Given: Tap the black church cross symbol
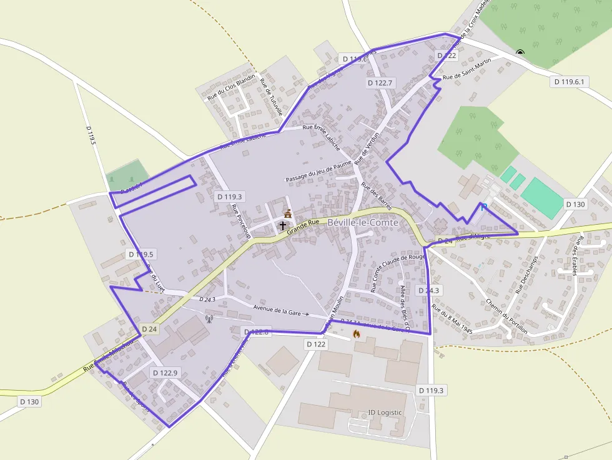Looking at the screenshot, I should [282, 225].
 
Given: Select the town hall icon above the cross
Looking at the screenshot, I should [287, 214].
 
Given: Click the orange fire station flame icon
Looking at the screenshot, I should [357, 334].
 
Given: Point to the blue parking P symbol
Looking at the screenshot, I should [483, 207].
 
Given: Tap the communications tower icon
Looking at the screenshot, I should [209, 319].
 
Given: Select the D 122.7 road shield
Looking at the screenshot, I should [380, 82].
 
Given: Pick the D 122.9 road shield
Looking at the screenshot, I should [165, 373].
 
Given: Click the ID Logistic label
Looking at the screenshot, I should [385, 413].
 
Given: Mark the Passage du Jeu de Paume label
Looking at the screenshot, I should [318, 170].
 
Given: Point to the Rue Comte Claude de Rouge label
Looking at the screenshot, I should [398, 273].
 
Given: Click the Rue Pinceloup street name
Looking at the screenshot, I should [240, 221].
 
